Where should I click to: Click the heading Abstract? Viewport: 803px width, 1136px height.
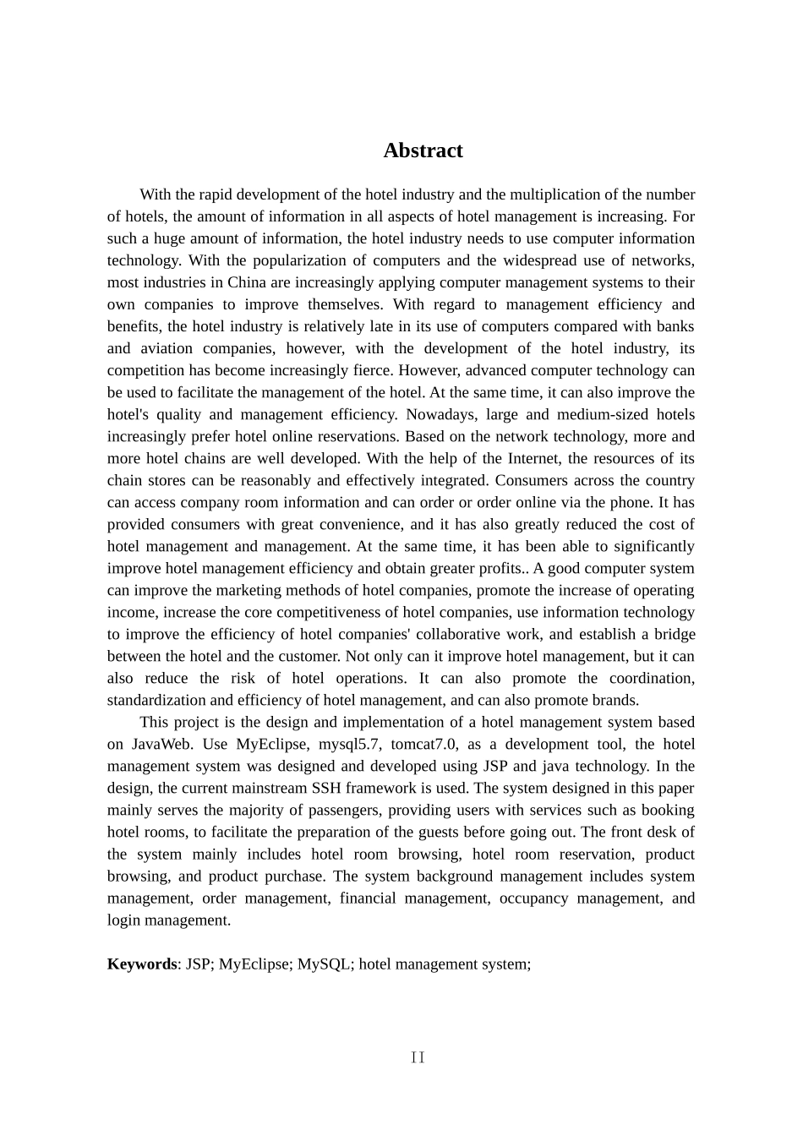click(423, 150)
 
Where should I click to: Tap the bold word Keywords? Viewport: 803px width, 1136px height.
click(142, 964)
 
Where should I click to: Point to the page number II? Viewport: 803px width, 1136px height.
click(418, 1057)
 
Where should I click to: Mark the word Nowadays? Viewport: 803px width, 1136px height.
click(440, 414)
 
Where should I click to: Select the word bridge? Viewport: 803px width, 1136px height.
click(675, 634)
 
